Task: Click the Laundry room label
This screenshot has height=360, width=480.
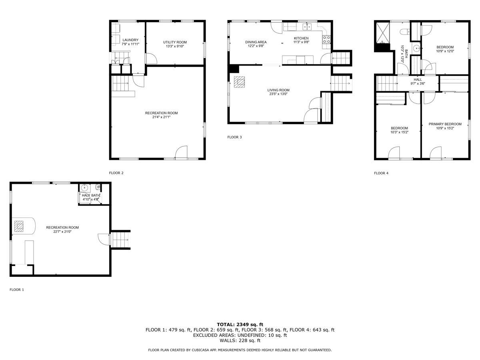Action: tap(130, 40)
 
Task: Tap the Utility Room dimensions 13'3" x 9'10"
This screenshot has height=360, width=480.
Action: tap(175, 46)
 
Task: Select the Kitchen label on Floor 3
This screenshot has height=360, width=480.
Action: tap(301, 38)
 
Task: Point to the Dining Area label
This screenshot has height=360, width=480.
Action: tap(256, 42)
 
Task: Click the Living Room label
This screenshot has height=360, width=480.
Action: tap(278, 90)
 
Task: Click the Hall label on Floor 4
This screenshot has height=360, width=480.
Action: tap(418, 80)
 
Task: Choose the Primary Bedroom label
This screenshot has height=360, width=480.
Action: tap(445, 124)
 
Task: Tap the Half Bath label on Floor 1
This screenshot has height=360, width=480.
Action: tap(91, 195)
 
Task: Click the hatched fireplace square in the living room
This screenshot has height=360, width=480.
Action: tap(239, 82)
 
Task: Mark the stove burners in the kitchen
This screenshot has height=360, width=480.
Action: tap(326, 40)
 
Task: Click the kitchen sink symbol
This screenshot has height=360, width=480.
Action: tap(307, 27)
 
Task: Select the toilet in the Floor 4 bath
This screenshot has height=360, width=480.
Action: tap(405, 32)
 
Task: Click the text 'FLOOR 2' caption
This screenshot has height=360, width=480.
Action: tap(116, 173)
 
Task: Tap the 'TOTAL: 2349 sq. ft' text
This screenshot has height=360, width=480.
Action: tap(240, 324)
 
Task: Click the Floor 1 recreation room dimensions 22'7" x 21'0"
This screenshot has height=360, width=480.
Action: tap(62, 232)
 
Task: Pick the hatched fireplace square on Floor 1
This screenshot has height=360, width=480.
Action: tap(19, 226)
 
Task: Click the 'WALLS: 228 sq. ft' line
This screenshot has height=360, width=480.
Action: tap(240, 340)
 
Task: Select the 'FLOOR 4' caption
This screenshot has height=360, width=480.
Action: tap(381, 173)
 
